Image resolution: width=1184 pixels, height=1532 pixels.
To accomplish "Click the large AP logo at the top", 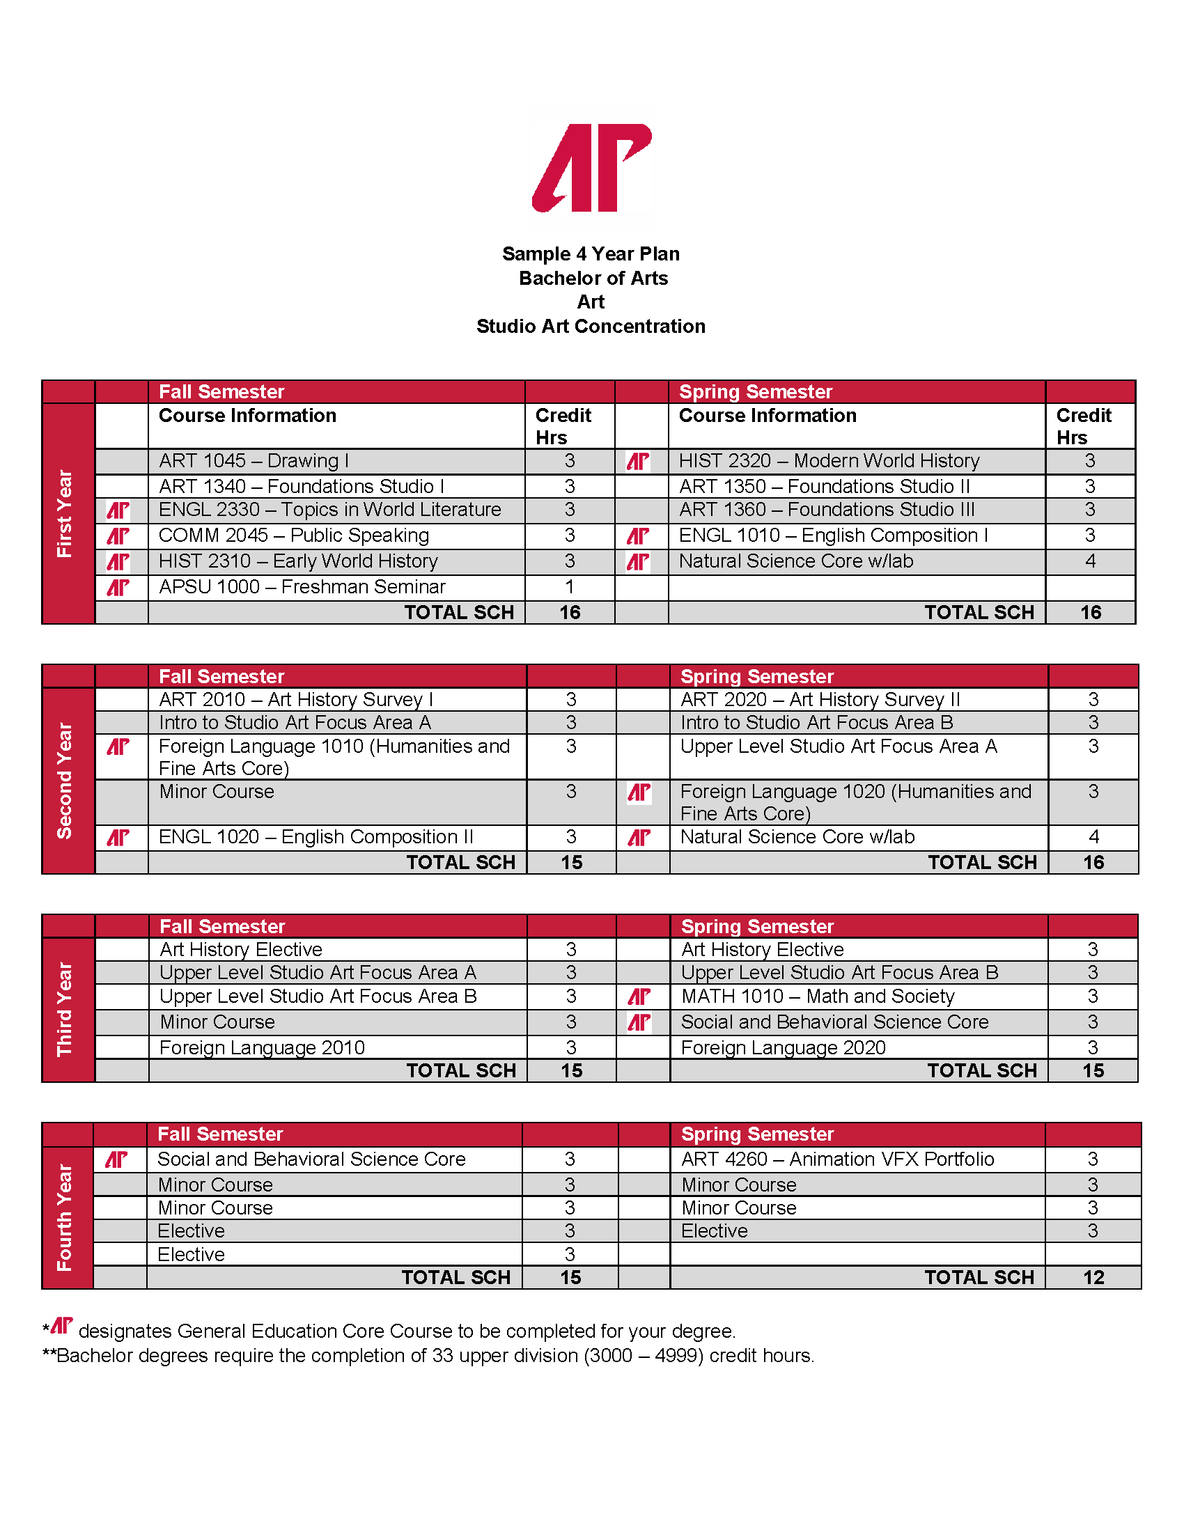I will click(x=591, y=169).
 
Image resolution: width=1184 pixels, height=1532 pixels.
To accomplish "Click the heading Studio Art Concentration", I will click(x=591, y=326).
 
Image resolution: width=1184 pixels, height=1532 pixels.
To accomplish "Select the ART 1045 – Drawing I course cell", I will click(x=254, y=461).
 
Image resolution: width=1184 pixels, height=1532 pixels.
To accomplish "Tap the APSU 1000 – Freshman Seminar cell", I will click(x=302, y=587).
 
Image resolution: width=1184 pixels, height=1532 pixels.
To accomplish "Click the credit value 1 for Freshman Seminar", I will click(x=569, y=587).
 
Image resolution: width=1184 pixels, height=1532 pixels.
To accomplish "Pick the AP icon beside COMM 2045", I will click(x=118, y=537).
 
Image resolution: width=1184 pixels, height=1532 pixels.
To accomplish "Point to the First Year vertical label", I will click(x=65, y=513).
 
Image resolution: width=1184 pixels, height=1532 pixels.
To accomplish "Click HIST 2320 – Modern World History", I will click(x=828, y=461).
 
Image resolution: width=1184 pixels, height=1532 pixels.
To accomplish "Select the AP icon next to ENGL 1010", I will click(x=638, y=537).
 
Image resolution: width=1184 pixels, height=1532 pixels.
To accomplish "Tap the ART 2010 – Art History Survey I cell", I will click(x=296, y=700).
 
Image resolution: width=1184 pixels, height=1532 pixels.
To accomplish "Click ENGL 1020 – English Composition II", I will click(x=316, y=838).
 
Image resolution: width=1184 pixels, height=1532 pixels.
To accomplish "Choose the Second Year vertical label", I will click(x=65, y=781).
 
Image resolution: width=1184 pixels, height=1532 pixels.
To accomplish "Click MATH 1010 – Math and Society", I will click(x=817, y=996).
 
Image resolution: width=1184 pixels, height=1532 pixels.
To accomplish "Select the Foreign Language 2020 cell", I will click(x=783, y=1048).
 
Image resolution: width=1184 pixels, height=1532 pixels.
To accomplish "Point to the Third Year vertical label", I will click(x=65, y=1009).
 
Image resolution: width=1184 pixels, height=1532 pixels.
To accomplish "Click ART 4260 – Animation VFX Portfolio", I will click(x=837, y=1159).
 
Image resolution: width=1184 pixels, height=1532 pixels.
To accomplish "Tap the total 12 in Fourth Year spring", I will click(x=1093, y=1278).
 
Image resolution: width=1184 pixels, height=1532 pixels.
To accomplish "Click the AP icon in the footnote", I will click(x=62, y=1326).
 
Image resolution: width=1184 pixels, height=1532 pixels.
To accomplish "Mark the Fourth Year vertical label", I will click(x=65, y=1217).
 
